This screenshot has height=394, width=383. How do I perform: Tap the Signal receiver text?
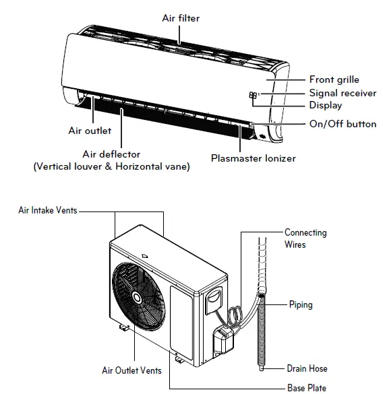pos(343,93)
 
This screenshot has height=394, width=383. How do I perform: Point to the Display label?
pos(325,105)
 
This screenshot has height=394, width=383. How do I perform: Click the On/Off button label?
pos(343,124)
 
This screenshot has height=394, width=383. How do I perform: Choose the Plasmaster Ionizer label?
pos(253,158)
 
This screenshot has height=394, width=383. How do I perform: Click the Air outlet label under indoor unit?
pos(89,130)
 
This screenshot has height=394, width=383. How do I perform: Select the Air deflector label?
pos(111,154)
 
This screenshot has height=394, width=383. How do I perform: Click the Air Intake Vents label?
pos(47,210)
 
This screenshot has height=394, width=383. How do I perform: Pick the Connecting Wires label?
pos(305,238)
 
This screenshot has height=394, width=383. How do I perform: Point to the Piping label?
pos(301,304)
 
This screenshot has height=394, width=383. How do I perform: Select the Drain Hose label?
pos(307,368)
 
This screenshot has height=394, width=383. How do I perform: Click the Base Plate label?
pos(306,387)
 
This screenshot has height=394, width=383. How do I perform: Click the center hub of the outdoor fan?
pos(139,297)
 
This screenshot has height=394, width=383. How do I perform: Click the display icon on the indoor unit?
pos(253,96)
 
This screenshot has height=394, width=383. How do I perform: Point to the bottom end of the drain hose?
pos(261,368)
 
